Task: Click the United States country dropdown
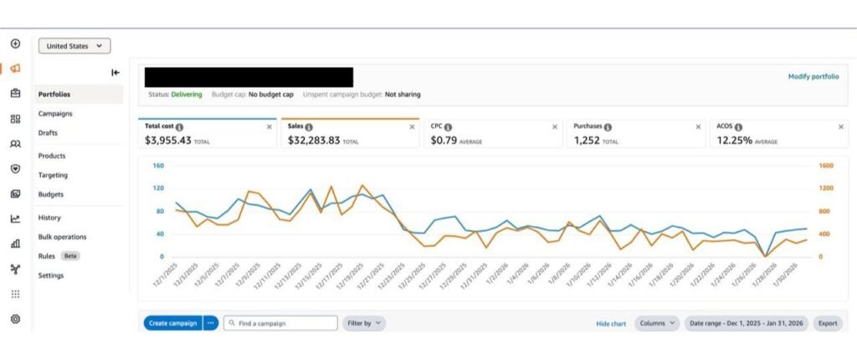click(x=74, y=46)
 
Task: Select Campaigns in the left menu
click(x=55, y=114)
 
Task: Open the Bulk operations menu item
click(x=62, y=237)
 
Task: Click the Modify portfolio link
click(x=813, y=76)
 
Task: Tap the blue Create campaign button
click(x=172, y=323)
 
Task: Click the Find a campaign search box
click(x=280, y=323)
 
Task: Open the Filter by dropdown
click(x=364, y=323)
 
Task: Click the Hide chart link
click(x=611, y=324)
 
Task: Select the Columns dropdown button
click(x=657, y=323)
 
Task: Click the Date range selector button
click(x=746, y=323)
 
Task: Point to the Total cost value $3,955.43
click(x=167, y=141)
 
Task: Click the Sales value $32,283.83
click(x=314, y=141)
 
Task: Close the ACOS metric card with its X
click(x=840, y=127)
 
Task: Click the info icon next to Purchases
click(x=608, y=127)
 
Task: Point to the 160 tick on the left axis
click(x=158, y=165)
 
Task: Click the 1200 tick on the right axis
click(x=826, y=188)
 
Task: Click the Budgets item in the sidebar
click(x=51, y=194)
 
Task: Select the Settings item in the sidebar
click(x=51, y=275)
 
